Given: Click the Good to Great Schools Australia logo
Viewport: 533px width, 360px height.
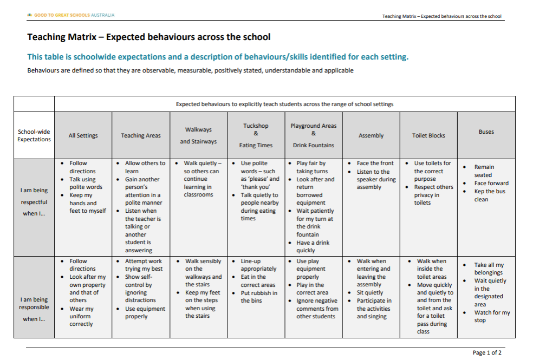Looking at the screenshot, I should [x=71, y=15].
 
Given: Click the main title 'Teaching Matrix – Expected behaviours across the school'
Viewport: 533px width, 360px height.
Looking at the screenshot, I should [x=148, y=37].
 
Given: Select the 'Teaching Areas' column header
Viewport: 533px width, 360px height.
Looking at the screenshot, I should [x=141, y=135].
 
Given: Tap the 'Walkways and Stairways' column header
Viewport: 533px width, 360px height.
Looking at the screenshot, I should [x=198, y=135].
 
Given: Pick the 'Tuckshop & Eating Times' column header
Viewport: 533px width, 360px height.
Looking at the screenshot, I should [x=256, y=135].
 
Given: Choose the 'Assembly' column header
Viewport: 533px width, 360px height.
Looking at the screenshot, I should [x=371, y=135].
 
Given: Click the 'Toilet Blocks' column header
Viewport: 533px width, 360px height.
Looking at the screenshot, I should [x=428, y=135].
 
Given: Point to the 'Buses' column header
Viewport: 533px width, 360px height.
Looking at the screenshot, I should [x=486, y=132].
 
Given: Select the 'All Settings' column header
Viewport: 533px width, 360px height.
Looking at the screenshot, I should [x=83, y=135].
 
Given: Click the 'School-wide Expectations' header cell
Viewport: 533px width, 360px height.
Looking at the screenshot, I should [x=34, y=135].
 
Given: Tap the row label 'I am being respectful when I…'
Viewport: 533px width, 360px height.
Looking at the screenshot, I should [x=34, y=202].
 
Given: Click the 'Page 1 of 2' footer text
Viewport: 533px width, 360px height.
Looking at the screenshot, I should [x=487, y=352].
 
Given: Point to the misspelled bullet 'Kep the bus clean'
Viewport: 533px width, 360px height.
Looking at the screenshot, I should [x=489, y=195].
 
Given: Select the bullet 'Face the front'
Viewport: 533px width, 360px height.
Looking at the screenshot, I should [x=375, y=163].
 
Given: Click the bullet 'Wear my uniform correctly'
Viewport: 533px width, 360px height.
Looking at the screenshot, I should [x=81, y=316].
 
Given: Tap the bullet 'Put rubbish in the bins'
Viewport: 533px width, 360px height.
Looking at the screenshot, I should [x=259, y=297].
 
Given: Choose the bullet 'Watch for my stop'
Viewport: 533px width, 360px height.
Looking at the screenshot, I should [x=491, y=316].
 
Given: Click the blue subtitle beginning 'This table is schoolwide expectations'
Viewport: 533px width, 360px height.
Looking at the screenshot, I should [x=218, y=57].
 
